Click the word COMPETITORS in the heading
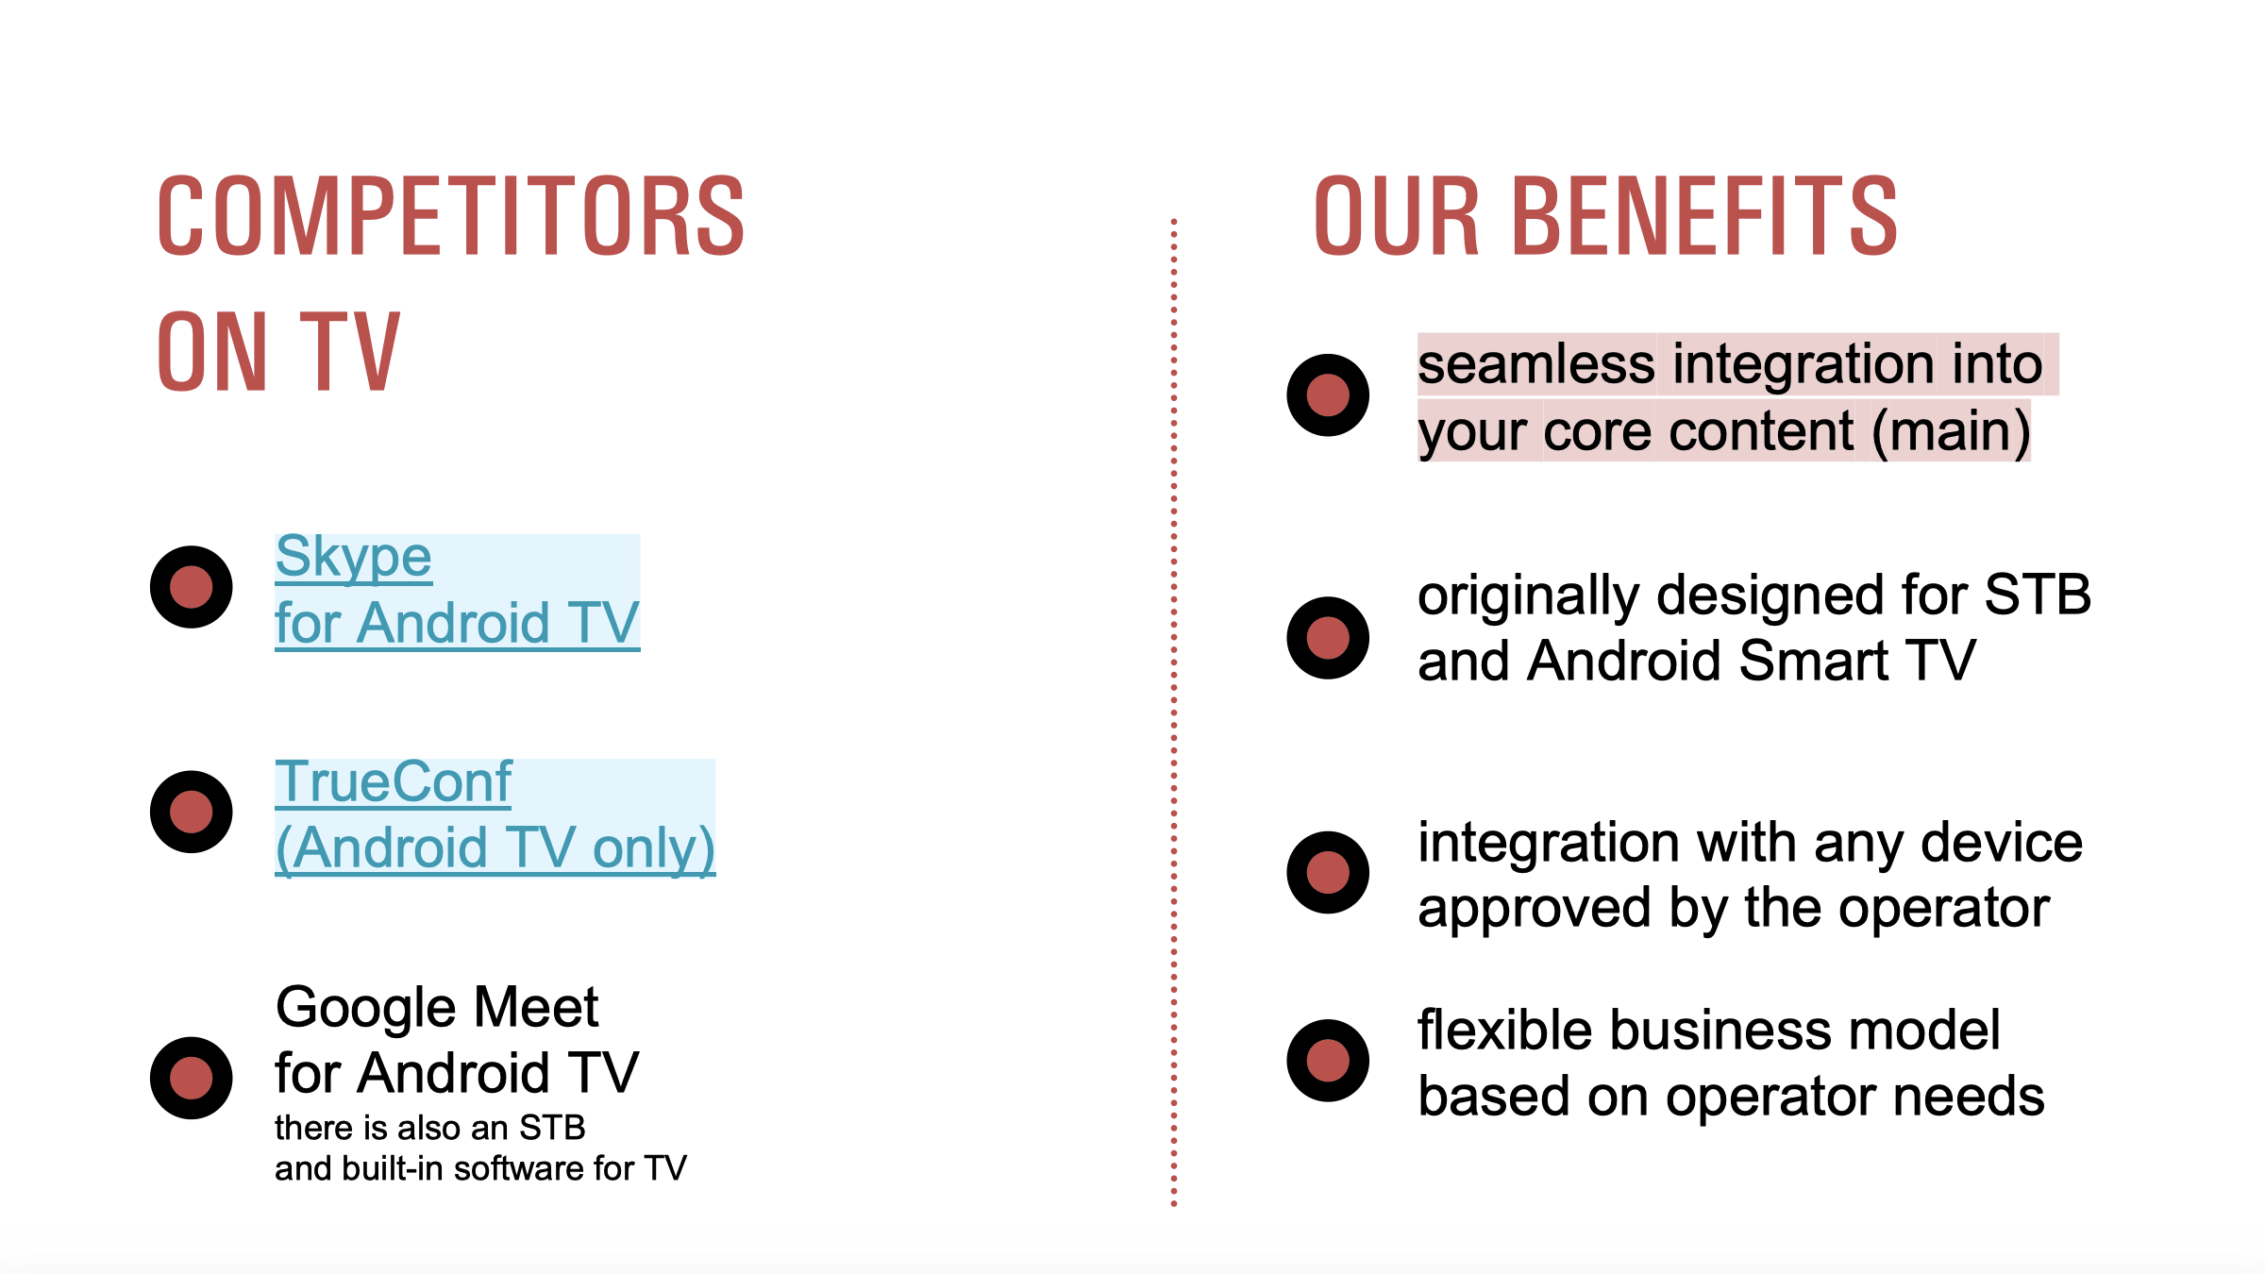pyautogui.click(x=451, y=216)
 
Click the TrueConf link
pyautogui.click(x=393, y=781)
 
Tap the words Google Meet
pyautogui.click(x=437, y=1007)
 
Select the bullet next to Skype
pyautogui.click(x=192, y=587)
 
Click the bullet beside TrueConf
pyautogui.click(x=192, y=812)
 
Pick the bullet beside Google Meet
pyautogui.click(x=192, y=1078)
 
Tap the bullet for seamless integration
pyautogui.click(x=1328, y=394)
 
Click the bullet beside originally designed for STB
pyautogui.click(x=1328, y=638)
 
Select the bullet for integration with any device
pyautogui.click(x=1328, y=872)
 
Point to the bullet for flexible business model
pyautogui.click(x=1328, y=1060)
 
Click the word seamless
pyautogui.click(x=1536, y=364)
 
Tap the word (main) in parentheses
pyautogui.click(x=1951, y=432)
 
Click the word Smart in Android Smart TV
pyautogui.click(x=1813, y=660)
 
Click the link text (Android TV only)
pyautogui.click(x=495, y=848)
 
